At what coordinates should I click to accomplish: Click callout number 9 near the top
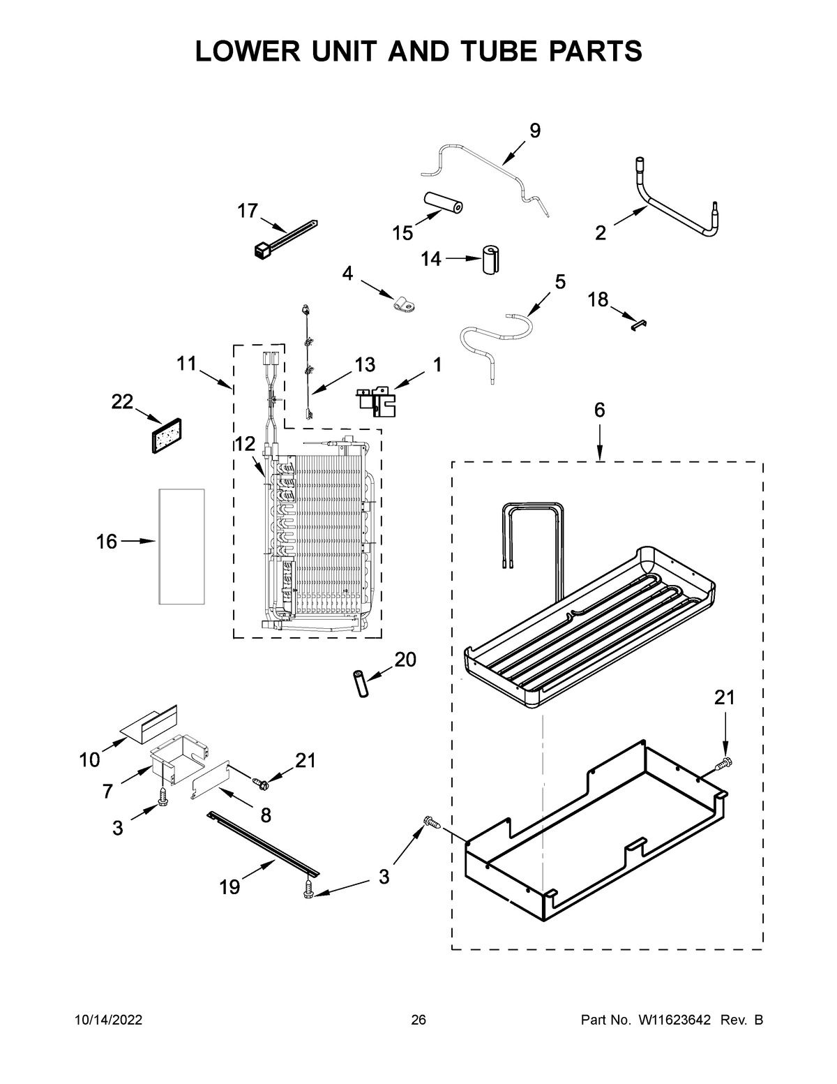pos(535,131)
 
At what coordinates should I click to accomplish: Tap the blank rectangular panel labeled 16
pos(181,546)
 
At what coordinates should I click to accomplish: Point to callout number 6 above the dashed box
pos(599,410)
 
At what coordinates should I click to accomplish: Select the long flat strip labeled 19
pos(264,842)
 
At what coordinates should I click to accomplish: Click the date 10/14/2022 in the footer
pos(109,1020)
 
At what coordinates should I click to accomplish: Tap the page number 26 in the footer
pos(418,1020)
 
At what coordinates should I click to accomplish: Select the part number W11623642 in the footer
pos(673,1020)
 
